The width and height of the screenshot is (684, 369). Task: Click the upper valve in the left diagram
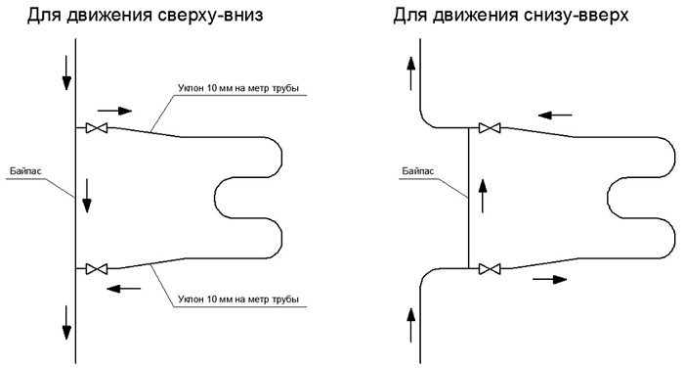pyautogui.click(x=97, y=127)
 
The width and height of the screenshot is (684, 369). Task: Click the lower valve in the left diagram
pyautogui.click(x=97, y=268)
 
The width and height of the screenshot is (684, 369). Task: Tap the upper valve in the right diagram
pyautogui.click(x=490, y=127)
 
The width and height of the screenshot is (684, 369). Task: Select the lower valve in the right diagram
pyautogui.click(x=490, y=268)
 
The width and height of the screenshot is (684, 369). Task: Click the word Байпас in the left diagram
pyautogui.click(x=25, y=171)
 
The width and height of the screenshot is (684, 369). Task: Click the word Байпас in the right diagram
pyautogui.click(x=418, y=171)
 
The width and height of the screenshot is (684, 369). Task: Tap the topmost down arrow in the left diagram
pyautogui.click(x=66, y=72)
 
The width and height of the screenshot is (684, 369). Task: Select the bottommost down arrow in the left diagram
pyautogui.click(x=66, y=323)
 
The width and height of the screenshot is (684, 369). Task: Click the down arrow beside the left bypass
pyautogui.click(x=87, y=196)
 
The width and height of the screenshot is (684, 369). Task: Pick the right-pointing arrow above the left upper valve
pyautogui.click(x=114, y=111)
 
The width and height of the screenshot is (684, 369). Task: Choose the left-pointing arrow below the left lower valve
pyautogui.click(x=124, y=289)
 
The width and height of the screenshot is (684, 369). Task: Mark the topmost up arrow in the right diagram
pyautogui.click(x=410, y=73)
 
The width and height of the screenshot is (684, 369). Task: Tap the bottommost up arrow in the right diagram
pyautogui.click(x=410, y=325)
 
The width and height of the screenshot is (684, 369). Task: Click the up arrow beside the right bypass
pyautogui.click(x=482, y=196)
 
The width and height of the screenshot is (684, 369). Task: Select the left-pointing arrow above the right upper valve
pyautogui.click(x=555, y=115)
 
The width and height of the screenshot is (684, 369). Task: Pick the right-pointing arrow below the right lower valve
pyautogui.click(x=549, y=279)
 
